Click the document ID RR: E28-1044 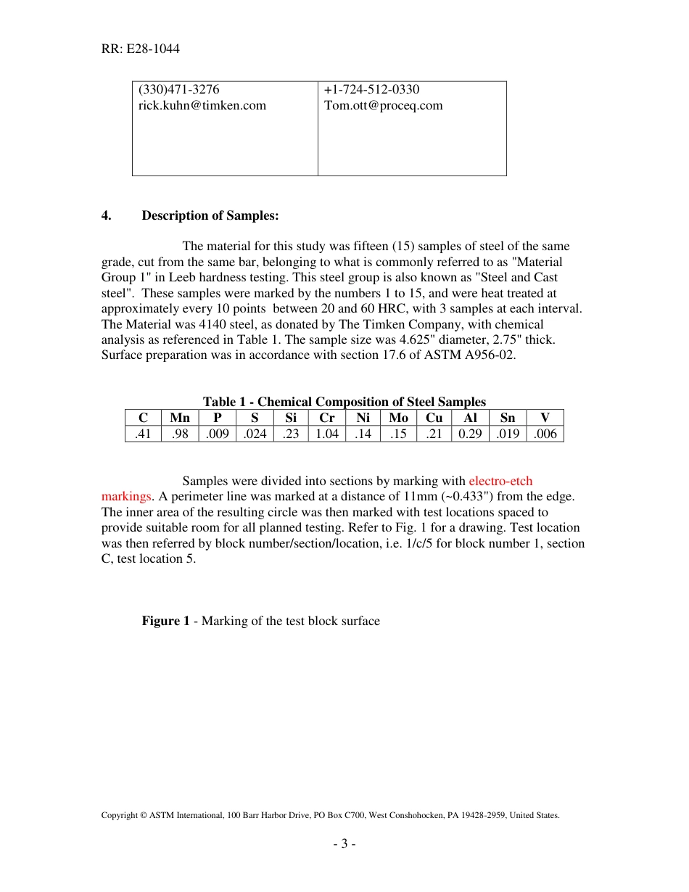(x=141, y=49)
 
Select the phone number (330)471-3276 (x=179, y=90)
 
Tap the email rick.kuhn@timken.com (x=202, y=106)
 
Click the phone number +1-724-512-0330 (x=371, y=90)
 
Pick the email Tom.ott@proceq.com (x=383, y=106)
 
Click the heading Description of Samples (x=210, y=215)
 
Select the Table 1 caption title (x=344, y=402)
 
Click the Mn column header (x=180, y=418)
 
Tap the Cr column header (x=326, y=418)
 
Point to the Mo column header (x=398, y=418)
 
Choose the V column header (x=545, y=418)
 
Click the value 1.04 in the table (x=326, y=434)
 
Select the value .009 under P (x=217, y=434)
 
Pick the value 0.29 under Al (x=470, y=434)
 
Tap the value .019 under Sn (x=508, y=434)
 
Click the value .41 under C (x=143, y=434)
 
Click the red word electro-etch (x=500, y=481)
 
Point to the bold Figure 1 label (x=165, y=621)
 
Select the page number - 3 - (x=344, y=843)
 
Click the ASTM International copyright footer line (x=330, y=815)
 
